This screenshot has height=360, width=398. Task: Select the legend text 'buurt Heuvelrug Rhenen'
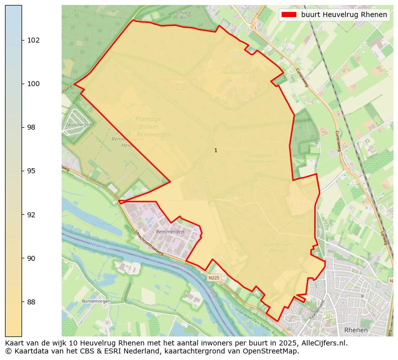tap(344, 15)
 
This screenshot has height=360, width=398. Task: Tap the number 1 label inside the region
tap(216, 150)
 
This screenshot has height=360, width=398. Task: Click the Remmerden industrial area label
tap(170, 232)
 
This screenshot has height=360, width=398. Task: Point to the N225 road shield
tap(214, 277)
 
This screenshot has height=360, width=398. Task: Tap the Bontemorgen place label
tap(95, 301)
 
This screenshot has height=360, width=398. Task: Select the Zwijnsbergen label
tap(77, 125)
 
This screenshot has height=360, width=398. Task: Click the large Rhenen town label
tap(356, 330)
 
